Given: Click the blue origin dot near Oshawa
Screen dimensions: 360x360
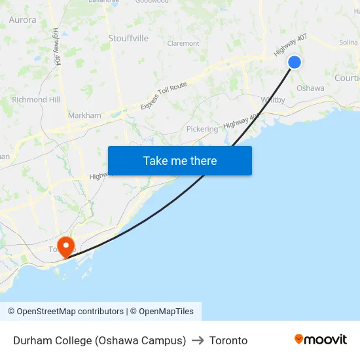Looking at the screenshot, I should [295, 62].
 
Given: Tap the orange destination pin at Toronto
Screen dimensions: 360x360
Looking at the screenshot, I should [66, 246].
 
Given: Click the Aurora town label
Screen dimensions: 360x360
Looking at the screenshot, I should [22, 20].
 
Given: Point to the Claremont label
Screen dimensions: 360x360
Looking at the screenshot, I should [183, 44].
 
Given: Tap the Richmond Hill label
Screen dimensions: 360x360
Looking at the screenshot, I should [36, 100].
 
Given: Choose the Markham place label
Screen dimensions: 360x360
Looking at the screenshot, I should [84, 116].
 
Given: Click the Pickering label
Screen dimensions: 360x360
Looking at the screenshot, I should [202, 129].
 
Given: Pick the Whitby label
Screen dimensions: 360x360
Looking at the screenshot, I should [272, 100].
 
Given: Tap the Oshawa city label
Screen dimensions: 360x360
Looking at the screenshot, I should [310, 88].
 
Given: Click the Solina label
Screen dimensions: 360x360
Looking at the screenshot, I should [348, 43].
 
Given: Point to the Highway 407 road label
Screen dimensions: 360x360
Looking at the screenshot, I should [290, 44].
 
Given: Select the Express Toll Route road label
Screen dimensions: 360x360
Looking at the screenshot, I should [163, 96].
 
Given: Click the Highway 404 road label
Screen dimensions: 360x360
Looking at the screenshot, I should [57, 45].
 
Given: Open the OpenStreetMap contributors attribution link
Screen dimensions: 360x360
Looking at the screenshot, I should [70, 312].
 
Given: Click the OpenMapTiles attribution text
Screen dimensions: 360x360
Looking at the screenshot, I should [166, 312].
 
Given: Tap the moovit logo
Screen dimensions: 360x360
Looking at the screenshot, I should [320, 340].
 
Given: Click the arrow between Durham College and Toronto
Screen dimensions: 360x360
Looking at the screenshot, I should [198, 340].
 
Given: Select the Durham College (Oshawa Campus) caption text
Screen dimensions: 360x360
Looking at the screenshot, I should [99, 340].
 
